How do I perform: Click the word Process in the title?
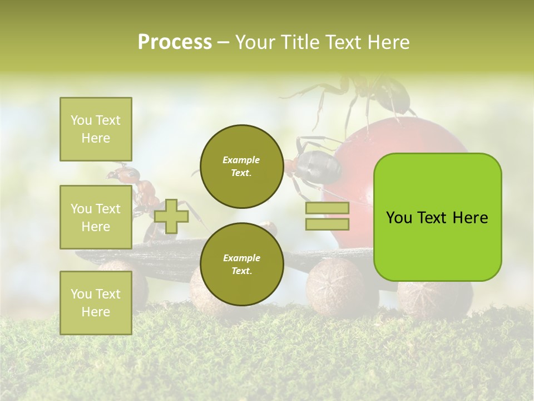175,42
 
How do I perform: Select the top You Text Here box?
96,129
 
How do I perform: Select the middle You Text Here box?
96,217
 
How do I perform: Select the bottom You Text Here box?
96,302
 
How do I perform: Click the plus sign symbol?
171,216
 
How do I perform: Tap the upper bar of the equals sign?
327,208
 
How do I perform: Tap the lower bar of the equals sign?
327,224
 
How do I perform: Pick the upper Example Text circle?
241,166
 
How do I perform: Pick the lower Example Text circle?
241,264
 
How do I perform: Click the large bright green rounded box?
437,217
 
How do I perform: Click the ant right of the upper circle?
314,164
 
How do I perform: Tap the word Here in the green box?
470,218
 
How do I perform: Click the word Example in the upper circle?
241,160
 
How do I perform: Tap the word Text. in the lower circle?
241,271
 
